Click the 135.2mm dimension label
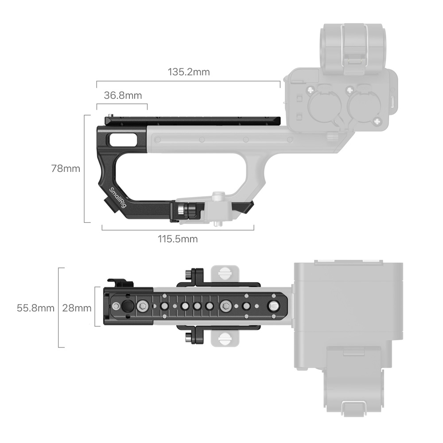click(189, 72)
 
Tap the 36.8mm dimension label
click(123, 96)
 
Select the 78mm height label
click(66, 169)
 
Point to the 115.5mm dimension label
click(178, 239)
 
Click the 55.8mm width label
click(35, 308)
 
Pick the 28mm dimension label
click(77, 308)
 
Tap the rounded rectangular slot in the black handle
click(123, 140)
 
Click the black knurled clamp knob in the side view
click(187, 210)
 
